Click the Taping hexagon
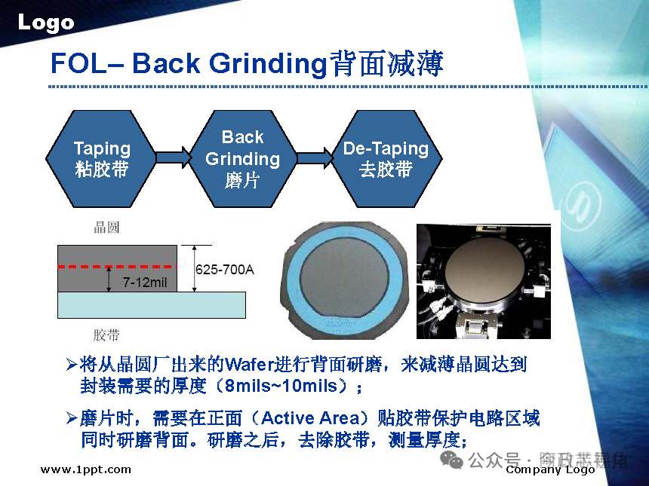(x=102, y=159)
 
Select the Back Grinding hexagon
(x=242, y=159)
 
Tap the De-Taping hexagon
(x=386, y=159)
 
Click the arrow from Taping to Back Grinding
(x=173, y=157)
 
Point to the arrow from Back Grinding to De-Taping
(x=315, y=157)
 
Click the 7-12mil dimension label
(x=145, y=283)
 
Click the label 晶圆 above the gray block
(x=106, y=228)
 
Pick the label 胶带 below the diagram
(x=106, y=335)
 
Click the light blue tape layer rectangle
(x=151, y=305)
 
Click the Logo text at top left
(x=46, y=23)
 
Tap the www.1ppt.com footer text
(x=85, y=469)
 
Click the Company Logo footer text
(x=551, y=470)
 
